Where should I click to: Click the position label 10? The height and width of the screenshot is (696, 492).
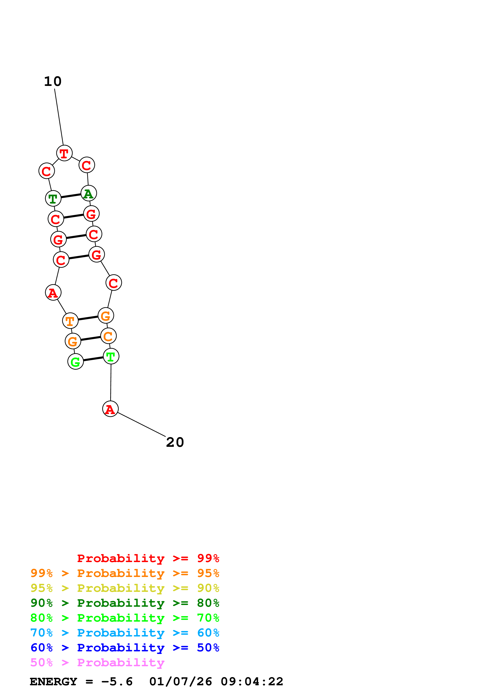click(x=53, y=81)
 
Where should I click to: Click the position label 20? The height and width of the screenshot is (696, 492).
click(x=175, y=442)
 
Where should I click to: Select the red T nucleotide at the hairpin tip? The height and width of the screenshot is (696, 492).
click(x=64, y=153)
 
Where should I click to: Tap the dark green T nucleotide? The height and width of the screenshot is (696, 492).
click(x=53, y=199)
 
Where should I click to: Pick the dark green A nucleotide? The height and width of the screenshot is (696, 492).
click(x=89, y=193)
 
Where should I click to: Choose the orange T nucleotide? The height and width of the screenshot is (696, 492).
click(x=70, y=320)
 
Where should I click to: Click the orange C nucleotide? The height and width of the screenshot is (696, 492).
click(x=108, y=336)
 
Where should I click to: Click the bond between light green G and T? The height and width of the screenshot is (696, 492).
click(x=93, y=359)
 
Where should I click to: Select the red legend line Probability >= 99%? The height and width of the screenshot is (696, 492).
click(x=148, y=558)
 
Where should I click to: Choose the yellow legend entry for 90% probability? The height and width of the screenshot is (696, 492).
click(x=125, y=588)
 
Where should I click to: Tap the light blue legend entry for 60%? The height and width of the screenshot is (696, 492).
click(x=125, y=633)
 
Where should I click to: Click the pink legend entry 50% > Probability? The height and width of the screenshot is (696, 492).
click(x=97, y=662)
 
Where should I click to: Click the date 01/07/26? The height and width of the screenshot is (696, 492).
click(x=180, y=682)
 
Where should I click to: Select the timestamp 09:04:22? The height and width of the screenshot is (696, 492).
click(x=252, y=682)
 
